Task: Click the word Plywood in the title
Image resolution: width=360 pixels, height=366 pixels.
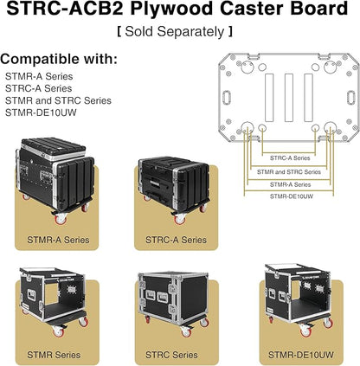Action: click(172, 9)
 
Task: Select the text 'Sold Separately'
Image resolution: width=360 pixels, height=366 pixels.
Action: click(175, 31)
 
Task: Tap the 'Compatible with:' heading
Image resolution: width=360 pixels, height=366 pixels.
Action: click(59, 59)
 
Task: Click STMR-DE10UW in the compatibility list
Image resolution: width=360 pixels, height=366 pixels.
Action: click(41, 112)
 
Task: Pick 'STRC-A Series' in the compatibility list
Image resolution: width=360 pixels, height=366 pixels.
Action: click(39, 88)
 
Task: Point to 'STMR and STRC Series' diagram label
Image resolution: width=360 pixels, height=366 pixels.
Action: click(289, 172)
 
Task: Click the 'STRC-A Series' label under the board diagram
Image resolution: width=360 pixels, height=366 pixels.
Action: click(290, 158)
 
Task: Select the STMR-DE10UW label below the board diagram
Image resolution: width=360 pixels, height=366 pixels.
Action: click(292, 196)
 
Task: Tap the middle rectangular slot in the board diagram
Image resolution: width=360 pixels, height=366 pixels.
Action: click(289, 98)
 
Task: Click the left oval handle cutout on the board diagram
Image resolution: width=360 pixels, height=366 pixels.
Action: click(226, 98)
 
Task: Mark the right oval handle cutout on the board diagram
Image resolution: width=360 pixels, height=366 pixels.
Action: click(350, 98)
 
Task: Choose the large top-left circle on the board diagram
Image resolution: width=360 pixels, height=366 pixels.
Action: click(247, 67)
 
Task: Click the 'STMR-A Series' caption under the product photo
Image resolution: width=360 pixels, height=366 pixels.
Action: click(58, 240)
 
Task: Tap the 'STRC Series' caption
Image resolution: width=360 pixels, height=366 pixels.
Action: click(171, 355)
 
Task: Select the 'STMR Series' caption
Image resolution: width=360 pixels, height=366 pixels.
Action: click(54, 355)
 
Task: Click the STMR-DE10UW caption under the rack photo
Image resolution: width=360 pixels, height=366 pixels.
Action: click(301, 355)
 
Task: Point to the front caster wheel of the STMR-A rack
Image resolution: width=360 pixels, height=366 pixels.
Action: click(61, 219)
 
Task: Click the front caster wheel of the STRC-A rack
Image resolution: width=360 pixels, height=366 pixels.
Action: click(180, 219)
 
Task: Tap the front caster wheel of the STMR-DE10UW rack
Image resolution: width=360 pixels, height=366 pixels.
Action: click(305, 331)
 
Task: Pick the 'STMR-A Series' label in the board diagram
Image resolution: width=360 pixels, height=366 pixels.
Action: click(290, 184)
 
